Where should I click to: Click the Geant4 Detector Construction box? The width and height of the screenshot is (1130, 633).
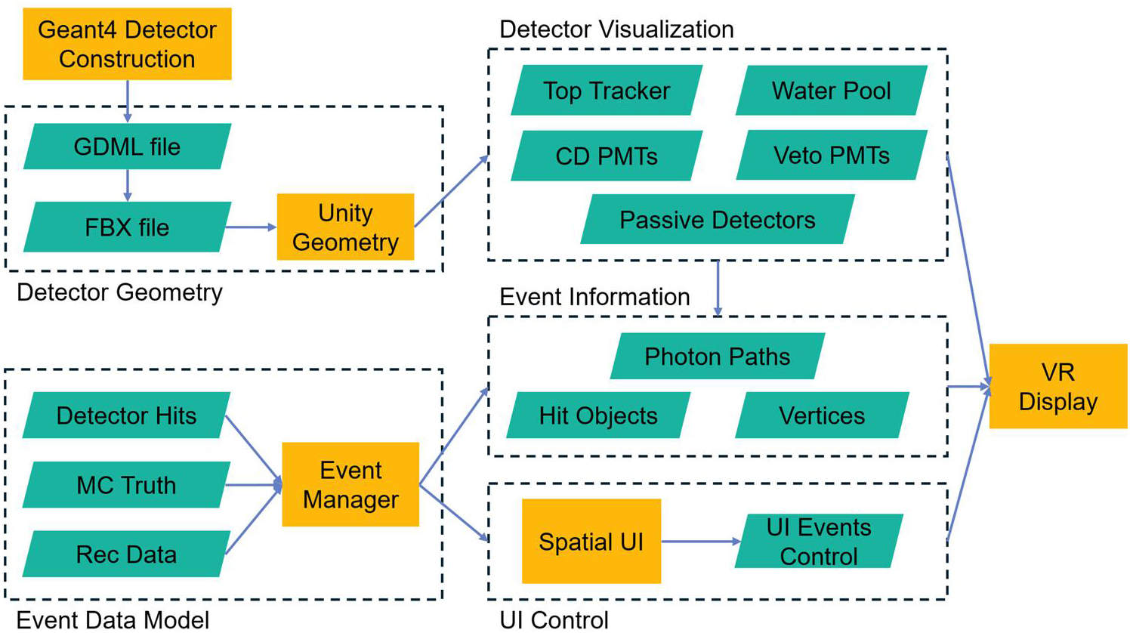[x=127, y=44]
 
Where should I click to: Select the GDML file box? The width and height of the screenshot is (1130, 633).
[x=127, y=147]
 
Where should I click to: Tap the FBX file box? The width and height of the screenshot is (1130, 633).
[x=127, y=227]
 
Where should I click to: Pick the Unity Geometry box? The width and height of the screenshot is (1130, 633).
[x=345, y=227]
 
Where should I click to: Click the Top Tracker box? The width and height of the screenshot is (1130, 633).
[x=607, y=91]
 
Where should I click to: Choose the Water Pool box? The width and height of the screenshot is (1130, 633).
[x=831, y=91]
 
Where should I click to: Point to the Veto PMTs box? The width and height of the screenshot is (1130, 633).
[x=831, y=156]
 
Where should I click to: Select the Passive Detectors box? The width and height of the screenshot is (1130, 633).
[x=717, y=220]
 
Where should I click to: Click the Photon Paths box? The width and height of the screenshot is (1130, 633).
[x=717, y=357]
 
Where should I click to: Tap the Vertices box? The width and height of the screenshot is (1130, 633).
[x=822, y=415]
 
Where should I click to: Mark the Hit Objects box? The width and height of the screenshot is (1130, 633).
[x=598, y=415]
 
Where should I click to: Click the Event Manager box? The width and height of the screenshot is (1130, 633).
[x=350, y=484]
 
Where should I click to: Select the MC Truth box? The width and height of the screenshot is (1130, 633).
[x=126, y=485]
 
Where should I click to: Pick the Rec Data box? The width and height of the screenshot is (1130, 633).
[x=126, y=554]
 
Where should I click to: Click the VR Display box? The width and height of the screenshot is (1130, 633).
[x=1057, y=387]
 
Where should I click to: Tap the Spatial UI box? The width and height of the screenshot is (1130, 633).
[x=591, y=542]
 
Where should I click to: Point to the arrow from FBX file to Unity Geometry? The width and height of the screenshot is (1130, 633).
[x=252, y=227]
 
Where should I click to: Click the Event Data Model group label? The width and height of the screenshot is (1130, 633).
[x=113, y=620]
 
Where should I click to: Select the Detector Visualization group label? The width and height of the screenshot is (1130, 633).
[x=616, y=29]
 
